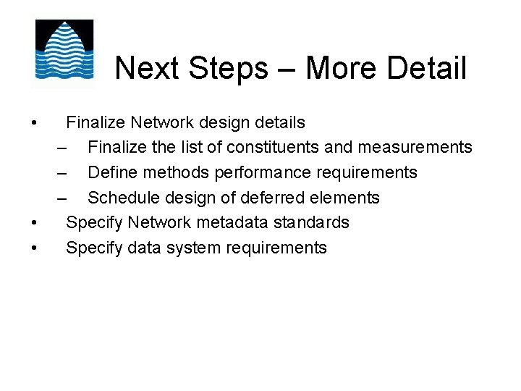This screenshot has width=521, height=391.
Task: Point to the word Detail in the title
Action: pyautogui.click(x=427, y=69)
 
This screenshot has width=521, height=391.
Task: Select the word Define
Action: pyautogui.click(x=110, y=173)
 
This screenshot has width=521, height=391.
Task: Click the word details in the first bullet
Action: pyautogui.click(x=280, y=123)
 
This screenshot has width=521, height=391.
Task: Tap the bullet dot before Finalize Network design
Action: pyautogui.click(x=35, y=123)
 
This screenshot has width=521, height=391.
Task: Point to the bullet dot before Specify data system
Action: pyautogui.click(x=35, y=248)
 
